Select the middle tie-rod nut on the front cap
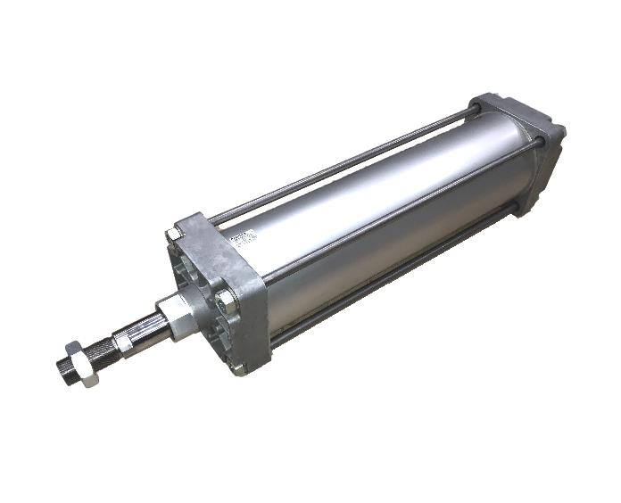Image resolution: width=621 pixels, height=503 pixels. pyautogui.click(x=228, y=298)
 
